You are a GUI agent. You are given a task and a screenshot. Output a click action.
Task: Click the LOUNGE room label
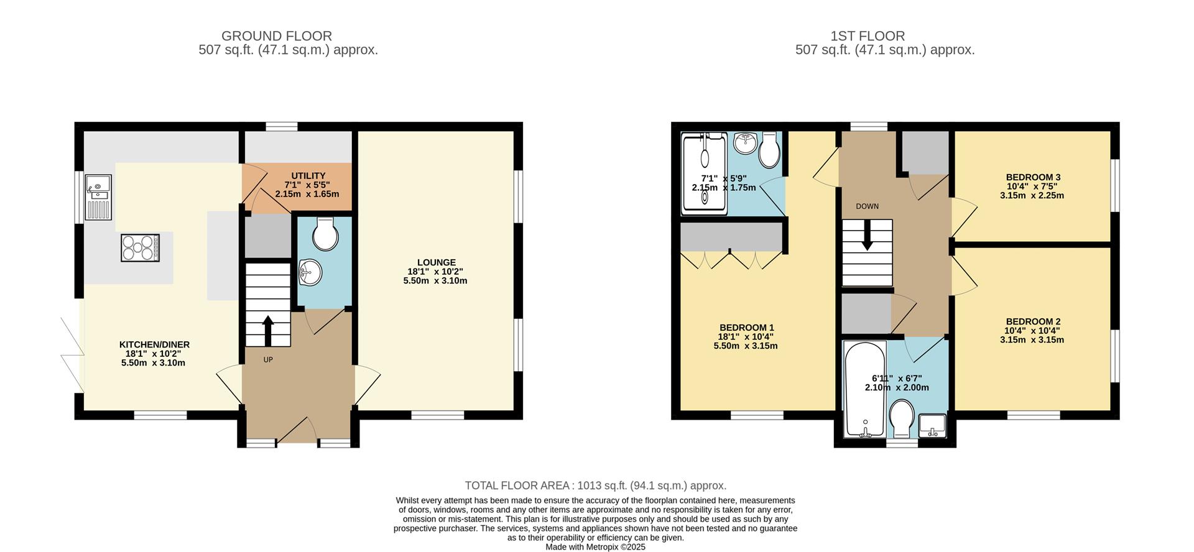click(436, 262)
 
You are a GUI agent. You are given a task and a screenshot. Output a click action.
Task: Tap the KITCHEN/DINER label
click(154, 344)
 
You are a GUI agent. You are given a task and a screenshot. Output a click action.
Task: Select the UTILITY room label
click(308, 176)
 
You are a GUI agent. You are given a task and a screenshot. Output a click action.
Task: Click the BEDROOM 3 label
click(1032, 177)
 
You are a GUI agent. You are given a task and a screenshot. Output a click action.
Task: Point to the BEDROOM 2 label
click(1032, 322)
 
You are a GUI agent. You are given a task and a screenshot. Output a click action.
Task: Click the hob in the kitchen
click(140, 247)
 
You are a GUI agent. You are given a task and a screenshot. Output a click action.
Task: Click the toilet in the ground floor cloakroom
click(325, 234)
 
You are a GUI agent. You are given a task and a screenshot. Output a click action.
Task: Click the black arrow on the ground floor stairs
click(268, 329)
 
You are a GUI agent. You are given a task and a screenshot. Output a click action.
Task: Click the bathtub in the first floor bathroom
click(865, 388)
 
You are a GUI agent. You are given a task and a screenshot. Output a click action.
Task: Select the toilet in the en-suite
click(770, 150)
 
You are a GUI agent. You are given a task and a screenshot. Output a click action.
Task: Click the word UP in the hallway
click(268, 359)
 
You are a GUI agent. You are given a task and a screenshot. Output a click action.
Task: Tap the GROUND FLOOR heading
click(276, 36)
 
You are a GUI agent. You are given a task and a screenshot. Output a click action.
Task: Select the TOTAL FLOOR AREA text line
click(595, 485)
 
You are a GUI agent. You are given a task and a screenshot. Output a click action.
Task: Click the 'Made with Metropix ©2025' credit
click(595, 547)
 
